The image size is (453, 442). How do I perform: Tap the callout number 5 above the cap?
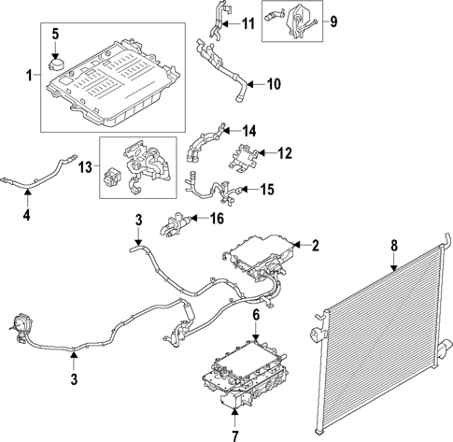(55, 35)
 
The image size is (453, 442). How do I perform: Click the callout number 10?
(273, 85)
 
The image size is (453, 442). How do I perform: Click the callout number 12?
(285, 151)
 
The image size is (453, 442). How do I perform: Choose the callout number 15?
(266, 191)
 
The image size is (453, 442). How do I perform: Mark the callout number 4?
(27, 217)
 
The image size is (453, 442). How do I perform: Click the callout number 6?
(255, 316)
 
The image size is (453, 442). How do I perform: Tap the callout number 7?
(234, 434)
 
